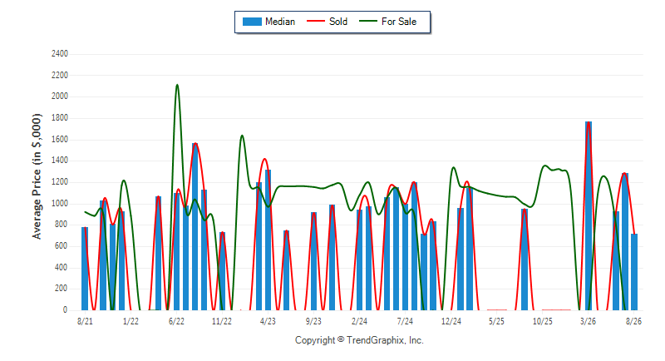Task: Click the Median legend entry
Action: click(268, 22)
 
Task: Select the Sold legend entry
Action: click(327, 22)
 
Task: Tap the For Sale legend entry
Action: click(387, 22)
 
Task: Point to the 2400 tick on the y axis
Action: click(60, 54)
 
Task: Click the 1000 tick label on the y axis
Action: click(60, 204)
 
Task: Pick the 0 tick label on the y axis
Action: click(66, 309)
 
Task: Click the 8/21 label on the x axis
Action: click(85, 321)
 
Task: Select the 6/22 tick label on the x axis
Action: click(176, 321)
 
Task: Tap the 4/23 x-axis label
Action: click(268, 321)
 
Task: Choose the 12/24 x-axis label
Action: click(451, 321)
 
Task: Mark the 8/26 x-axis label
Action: click(634, 321)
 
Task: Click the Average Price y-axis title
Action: click(37, 176)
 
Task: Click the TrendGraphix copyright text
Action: click(359, 340)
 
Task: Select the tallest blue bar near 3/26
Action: click(589, 216)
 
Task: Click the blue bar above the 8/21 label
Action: click(85, 269)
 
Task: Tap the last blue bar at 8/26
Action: click(634, 272)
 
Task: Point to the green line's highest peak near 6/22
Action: click(177, 85)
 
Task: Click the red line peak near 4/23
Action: click(264, 159)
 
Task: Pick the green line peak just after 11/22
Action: click(242, 136)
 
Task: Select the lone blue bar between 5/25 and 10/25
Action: click(525, 260)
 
